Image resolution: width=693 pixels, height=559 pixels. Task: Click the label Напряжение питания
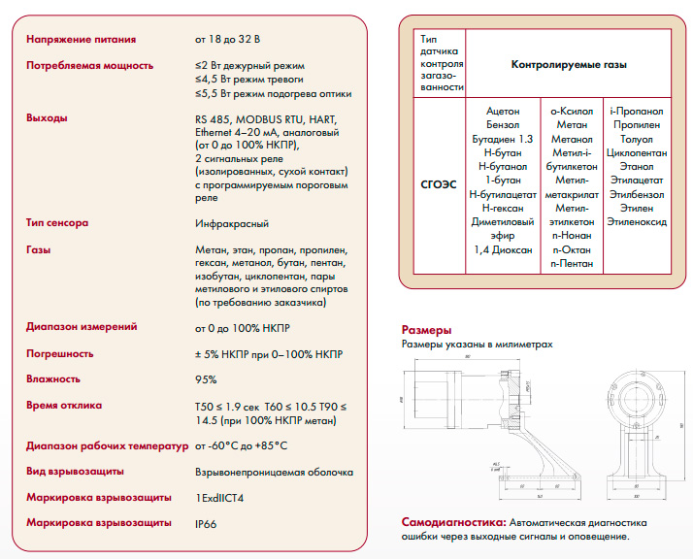coord(81,40)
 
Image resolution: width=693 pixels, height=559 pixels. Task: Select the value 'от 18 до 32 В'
coord(227,40)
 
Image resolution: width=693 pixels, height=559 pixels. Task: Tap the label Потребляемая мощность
coord(89,65)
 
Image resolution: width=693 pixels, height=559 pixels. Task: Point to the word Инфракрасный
coord(232,223)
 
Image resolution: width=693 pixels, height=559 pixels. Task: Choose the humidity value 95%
coord(206,379)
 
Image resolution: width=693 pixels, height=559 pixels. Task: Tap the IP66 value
coord(207,522)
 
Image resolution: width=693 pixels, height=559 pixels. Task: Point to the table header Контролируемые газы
coord(568,65)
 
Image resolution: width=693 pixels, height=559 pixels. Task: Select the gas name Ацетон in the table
coord(502,112)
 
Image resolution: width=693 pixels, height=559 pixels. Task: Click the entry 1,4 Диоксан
coord(502,249)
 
